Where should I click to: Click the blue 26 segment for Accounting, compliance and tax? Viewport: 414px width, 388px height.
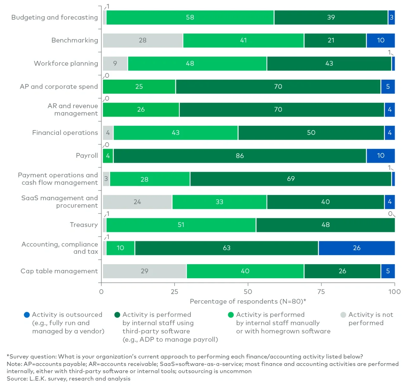[x=356, y=248]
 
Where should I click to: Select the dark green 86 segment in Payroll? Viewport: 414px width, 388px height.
[x=239, y=156]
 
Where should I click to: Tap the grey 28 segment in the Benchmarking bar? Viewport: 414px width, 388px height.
[x=143, y=41]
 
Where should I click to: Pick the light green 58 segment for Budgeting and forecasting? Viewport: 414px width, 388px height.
[x=190, y=18]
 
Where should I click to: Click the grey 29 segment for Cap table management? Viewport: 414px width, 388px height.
[x=144, y=271]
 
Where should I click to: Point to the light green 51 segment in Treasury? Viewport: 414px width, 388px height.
[x=181, y=225]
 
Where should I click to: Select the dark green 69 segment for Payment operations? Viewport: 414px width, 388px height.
[x=290, y=179]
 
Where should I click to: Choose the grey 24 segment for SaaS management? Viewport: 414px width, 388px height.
[x=137, y=202]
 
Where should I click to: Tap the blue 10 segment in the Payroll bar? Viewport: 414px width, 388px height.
[x=381, y=156]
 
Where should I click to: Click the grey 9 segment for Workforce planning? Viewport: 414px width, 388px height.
[x=115, y=63]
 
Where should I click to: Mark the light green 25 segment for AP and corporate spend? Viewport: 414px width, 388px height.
[x=139, y=86]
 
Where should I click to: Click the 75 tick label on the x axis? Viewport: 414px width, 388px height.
[x=321, y=292]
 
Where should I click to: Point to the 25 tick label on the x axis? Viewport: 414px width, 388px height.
[x=175, y=292]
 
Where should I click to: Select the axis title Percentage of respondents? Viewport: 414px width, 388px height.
[x=248, y=302]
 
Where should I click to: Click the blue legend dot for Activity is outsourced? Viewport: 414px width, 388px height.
[x=27, y=315]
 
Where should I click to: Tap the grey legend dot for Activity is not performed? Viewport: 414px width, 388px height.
[x=343, y=315]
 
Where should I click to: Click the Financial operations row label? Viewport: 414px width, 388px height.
[x=65, y=133]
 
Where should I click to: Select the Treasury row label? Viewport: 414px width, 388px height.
[x=84, y=225]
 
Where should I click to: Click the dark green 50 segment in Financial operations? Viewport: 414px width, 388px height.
[x=311, y=133]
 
